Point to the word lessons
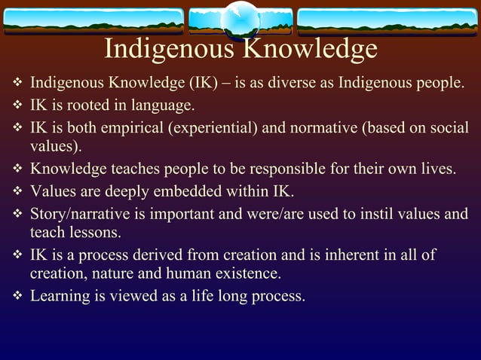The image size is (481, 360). (96, 232)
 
